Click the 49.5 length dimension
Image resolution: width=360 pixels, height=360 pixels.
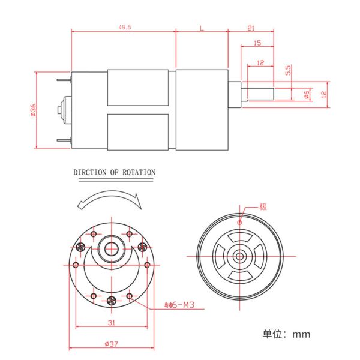(125, 27)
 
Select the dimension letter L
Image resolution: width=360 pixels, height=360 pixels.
(202, 27)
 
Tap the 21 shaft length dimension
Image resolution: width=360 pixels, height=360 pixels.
(251, 27)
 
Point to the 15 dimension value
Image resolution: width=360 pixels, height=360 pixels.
(257, 43)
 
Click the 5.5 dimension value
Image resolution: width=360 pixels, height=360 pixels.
(289, 70)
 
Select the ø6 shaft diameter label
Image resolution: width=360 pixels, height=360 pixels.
(307, 94)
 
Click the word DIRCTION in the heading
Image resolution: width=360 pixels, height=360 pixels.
(91, 172)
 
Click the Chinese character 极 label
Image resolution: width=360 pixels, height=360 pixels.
(263, 207)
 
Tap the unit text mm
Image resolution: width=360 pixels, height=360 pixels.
(301, 334)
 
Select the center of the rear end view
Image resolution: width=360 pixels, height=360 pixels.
(240, 257)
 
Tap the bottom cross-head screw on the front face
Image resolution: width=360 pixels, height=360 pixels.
(111, 301)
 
